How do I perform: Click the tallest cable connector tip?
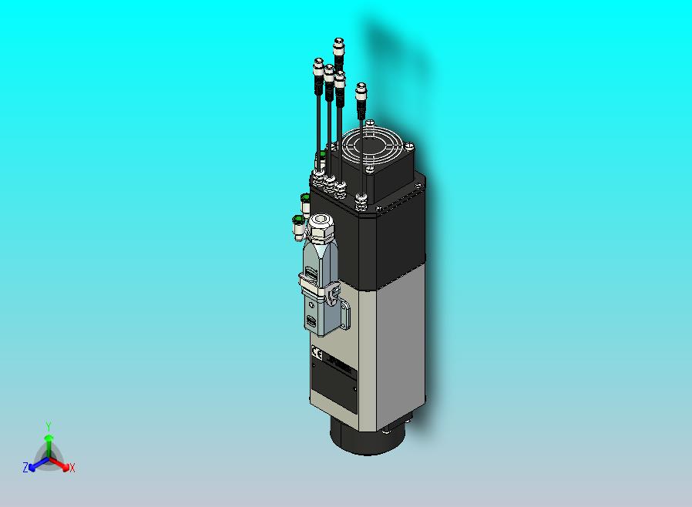pyautogui.click(x=338, y=46)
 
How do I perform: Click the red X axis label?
pyautogui.click(x=72, y=468)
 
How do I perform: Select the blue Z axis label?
pyautogui.click(x=25, y=467)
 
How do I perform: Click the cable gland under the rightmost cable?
pyautogui.click(x=361, y=202)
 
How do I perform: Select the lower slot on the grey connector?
pyautogui.click(x=311, y=320)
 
